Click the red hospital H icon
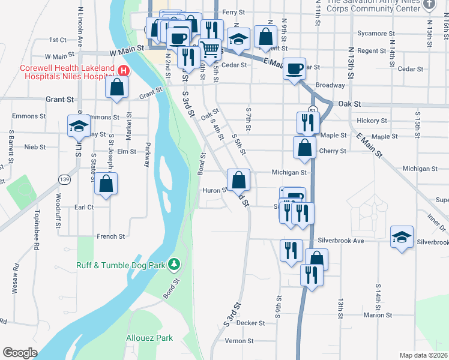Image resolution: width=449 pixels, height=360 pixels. (x=123, y=70)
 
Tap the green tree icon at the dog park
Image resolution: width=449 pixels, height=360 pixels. (x=174, y=264)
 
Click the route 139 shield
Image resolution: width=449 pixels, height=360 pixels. (x=63, y=179)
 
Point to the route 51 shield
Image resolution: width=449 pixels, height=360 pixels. (x=313, y=110)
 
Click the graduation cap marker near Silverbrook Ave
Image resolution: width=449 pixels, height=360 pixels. (x=402, y=236)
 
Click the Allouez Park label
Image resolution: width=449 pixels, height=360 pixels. (x=149, y=338)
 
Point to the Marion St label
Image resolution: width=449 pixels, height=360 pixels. (x=378, y=314)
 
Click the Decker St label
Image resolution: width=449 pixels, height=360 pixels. (x=250, y=323)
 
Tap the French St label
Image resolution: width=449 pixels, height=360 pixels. (x=111, y=236)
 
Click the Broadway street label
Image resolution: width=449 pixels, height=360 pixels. (x=330, y=85)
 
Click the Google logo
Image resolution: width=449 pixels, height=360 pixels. (x=20, y=352)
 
